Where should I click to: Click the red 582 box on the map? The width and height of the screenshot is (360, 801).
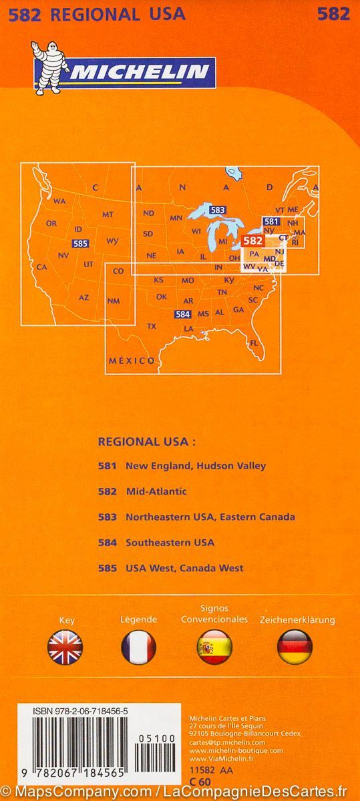click(252, 240)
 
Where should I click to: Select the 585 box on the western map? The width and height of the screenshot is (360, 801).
click(79, 244)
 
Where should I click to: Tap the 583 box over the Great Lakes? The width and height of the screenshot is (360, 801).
click(217, 210)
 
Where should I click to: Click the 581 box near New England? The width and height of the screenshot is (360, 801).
click(271, 222)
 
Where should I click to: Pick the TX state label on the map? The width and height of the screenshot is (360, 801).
click(152, 326)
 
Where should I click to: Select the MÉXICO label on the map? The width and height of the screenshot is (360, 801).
click(132, 360)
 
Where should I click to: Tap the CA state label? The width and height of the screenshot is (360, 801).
click(41, 267)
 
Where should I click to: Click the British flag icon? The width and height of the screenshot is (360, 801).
click(65, 646)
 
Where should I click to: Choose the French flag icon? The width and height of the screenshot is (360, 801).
click(138, 646)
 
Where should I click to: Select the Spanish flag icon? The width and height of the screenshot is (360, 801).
click(214, 646)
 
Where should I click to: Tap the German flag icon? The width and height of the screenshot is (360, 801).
click(295, 646)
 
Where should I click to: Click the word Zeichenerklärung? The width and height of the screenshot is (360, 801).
click(297, 620)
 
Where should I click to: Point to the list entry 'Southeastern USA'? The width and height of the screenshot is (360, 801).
click(170, 542)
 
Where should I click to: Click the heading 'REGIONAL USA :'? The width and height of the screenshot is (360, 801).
click(147, 441)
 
